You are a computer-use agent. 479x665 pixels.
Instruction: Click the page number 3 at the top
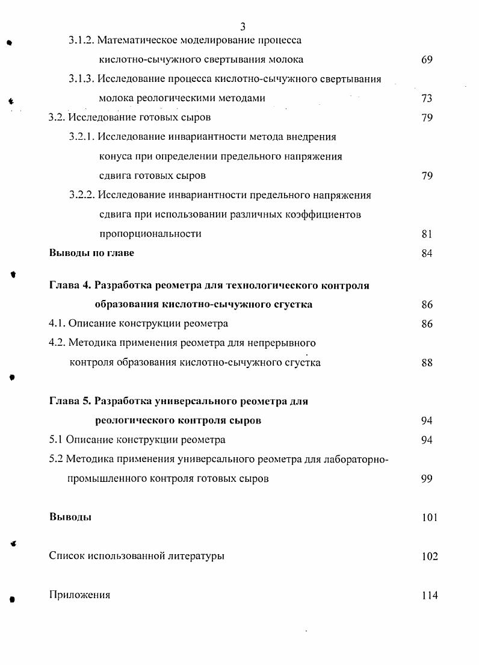point(243,27)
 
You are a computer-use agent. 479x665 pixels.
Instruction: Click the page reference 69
point(427,60)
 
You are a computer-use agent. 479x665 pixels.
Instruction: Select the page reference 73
point(427,98)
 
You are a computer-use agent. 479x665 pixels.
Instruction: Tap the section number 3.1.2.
point(81,40)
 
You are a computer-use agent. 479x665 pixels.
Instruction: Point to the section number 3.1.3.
point(81,79)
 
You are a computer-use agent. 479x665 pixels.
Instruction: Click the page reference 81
point(427,234)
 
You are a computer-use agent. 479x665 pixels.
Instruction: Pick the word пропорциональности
point(150,234)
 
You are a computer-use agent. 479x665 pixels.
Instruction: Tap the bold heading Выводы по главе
point(91,253)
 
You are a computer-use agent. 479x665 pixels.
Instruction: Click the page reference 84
point(427,253)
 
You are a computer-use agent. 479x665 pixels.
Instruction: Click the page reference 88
point(427,363)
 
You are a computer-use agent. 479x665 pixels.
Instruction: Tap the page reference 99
point(427,479)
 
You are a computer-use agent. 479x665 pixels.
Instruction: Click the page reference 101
point(430,517)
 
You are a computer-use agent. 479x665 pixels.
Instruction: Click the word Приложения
point(79,595)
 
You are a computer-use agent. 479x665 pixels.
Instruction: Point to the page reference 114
point(430,595)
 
